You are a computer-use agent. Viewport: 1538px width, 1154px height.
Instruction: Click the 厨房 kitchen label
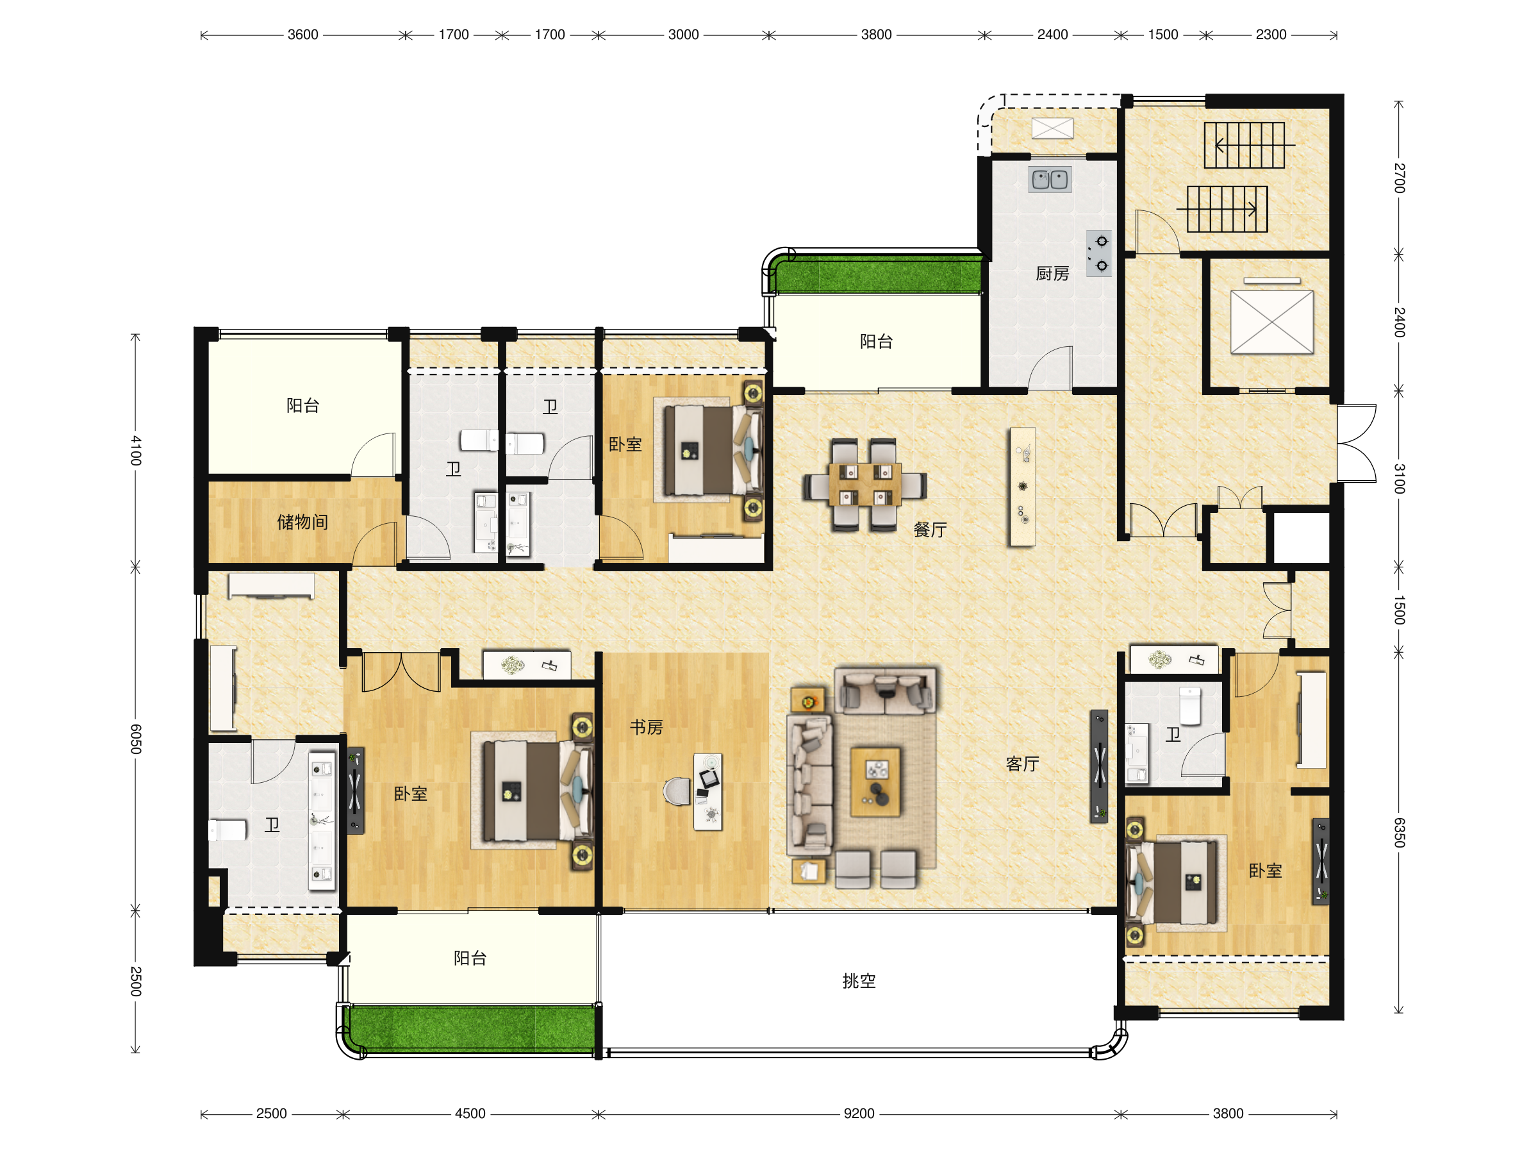[x=1052, y=273]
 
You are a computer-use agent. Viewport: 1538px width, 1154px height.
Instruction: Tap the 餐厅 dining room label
[x=930, y=530]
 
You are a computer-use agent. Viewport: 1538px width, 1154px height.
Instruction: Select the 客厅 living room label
[x=1022, y=764]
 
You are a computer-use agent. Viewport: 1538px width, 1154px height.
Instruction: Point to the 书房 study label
[x=646, y=727]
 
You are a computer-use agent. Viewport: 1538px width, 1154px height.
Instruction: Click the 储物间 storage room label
[x=302, y=522]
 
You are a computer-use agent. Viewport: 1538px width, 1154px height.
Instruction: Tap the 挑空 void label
[x=859, y=981]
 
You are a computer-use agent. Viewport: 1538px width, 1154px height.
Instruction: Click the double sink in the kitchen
[x=1050, y=180]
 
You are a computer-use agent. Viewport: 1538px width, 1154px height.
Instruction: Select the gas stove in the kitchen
[x=1099, y=253]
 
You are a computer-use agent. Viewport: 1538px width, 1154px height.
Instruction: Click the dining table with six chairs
[x=864, y=485]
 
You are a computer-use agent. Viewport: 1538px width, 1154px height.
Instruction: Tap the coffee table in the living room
[x=875, y=782]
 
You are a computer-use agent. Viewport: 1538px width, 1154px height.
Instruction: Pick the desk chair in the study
[x=677, y=791]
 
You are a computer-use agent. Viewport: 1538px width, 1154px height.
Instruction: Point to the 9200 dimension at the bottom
[x=859, y=1114]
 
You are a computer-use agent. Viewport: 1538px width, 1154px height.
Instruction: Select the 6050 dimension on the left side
[x=136, y=739]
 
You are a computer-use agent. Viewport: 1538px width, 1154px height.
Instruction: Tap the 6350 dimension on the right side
[x=1399, y=833]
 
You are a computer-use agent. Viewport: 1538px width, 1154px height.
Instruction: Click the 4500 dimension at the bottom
[x=470, y=1114]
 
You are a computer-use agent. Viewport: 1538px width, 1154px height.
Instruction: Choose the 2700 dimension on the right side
[x=1399, y=178]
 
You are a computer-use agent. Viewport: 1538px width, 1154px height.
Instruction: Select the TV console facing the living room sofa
[x=1098, y=766]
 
